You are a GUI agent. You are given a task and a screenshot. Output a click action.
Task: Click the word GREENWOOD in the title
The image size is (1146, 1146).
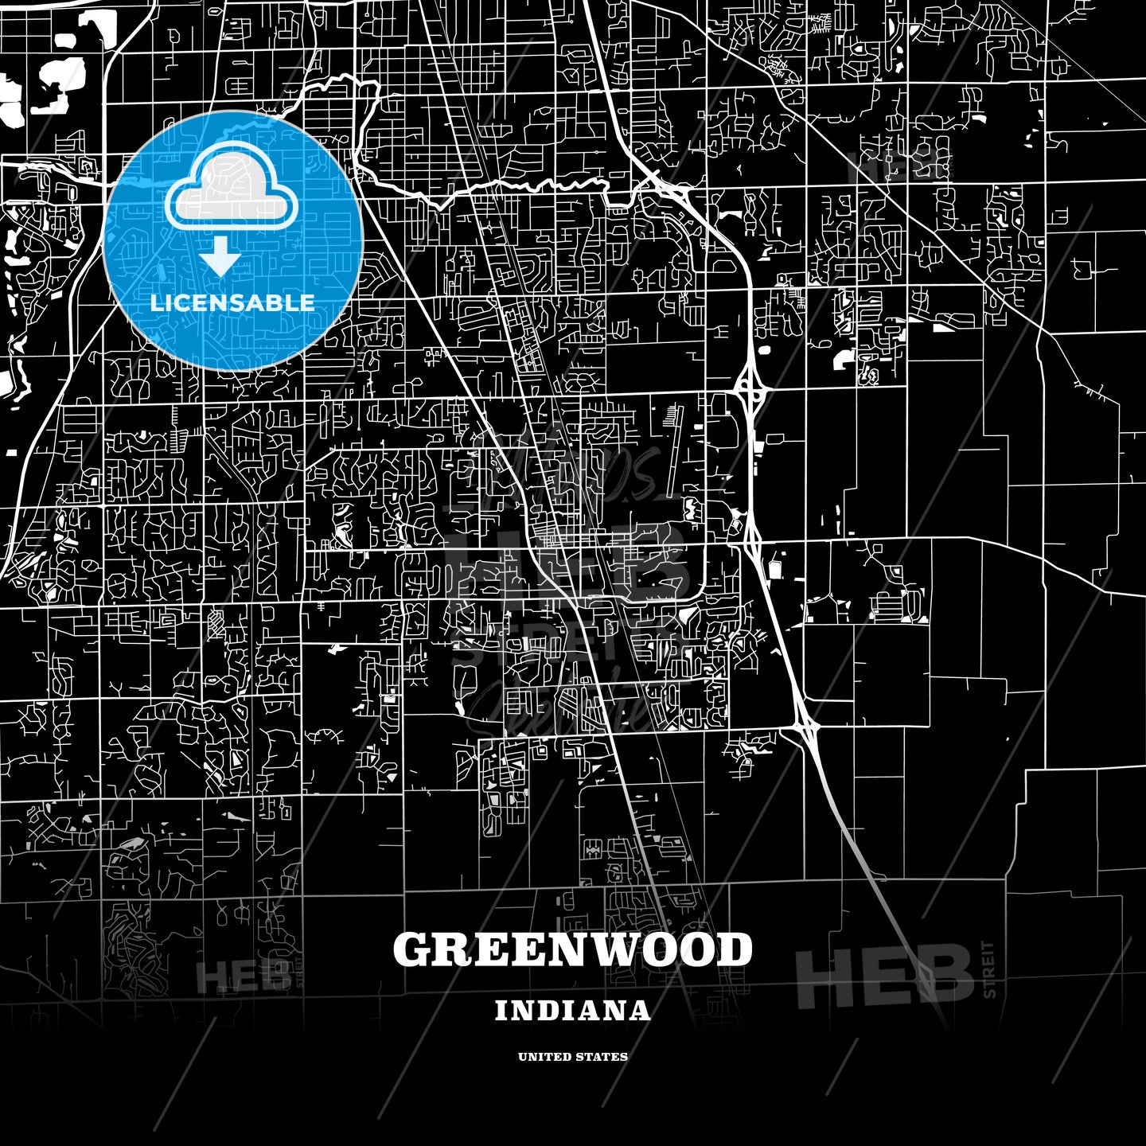pos(573,949)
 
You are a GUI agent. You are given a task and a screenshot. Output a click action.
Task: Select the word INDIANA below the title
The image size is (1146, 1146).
pos(573,1011)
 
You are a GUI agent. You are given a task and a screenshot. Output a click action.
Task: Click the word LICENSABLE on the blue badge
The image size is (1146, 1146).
pos(232,302)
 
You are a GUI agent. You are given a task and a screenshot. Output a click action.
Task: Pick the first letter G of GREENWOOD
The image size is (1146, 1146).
pos(413,949)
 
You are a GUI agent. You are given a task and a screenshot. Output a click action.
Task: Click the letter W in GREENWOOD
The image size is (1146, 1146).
pos(616,949)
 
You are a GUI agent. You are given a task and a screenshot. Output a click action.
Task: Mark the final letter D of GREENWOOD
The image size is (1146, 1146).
pos(735,949)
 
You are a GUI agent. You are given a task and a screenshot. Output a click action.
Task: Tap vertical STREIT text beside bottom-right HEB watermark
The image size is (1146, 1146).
pos(989,969)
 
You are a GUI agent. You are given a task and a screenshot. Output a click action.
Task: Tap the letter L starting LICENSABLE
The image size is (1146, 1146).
pos(156,302)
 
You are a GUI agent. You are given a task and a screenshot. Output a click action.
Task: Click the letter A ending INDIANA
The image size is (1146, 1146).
pos(641,1011)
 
